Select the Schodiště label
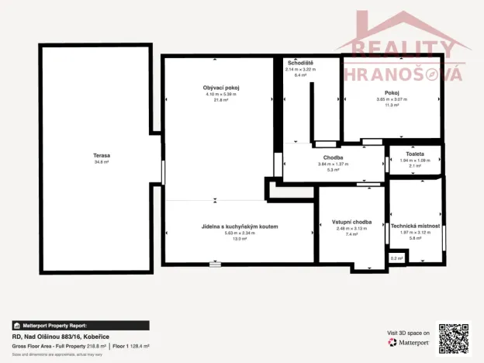coord(300,62)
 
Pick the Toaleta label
coord(415,153)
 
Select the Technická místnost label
coord(415,226)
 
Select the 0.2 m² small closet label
coord(396,258)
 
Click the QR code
coord(454,337)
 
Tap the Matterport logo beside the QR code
coord(409,342)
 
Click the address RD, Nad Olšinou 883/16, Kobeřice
coord(60,337)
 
